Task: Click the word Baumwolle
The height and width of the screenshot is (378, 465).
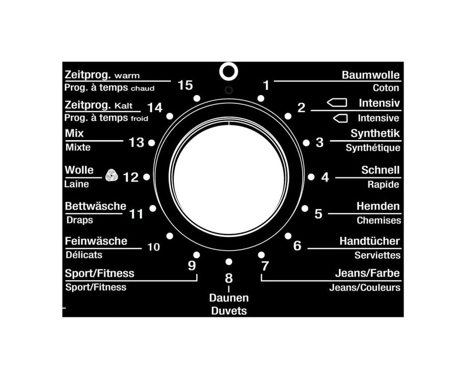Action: pyautogui.click(x=371, y=75)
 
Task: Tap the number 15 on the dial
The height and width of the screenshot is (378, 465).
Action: pyautogui.click(x=185, y=85)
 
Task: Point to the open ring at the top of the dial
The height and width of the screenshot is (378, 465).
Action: pyautogui.click(x=229, y=63)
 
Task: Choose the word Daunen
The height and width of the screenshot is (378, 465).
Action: pyautogui.click(x=229, y=298)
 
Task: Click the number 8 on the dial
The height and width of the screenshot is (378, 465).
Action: pyautogui.click(x=229, y=278)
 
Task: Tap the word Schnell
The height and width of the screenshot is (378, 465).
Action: pyautogui.click(x=381, y=170)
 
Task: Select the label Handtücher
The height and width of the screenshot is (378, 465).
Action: pyautogui.click(x=370, y=241)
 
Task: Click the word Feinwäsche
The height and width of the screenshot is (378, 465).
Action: pyautogui.click(x=96, y=241)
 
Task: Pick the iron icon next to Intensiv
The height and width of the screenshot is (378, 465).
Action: pyautogui.click(x=337, y=103)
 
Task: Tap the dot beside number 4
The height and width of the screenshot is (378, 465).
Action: pyautogui.click(x=311, y=177)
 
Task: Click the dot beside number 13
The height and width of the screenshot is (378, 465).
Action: pyautogui.click(x=151, y=143)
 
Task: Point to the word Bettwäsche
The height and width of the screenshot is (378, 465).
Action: pyautogui.click(x=95, y=206)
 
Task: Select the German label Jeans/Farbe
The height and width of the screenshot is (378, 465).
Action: pyautogui.click(x=367, y=273)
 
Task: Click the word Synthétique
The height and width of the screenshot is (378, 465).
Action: pyautogui.click(x=373, y=147)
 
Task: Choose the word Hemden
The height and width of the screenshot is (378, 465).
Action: pyautogui.click(x=378, y=206)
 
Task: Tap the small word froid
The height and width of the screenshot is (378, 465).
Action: pyautogui.click(x=139, y=118)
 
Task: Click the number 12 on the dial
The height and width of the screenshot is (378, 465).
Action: pyautogui.click(x=131, y=177)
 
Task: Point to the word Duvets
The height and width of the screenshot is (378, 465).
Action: pyautogui.click(x=229, y=311)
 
